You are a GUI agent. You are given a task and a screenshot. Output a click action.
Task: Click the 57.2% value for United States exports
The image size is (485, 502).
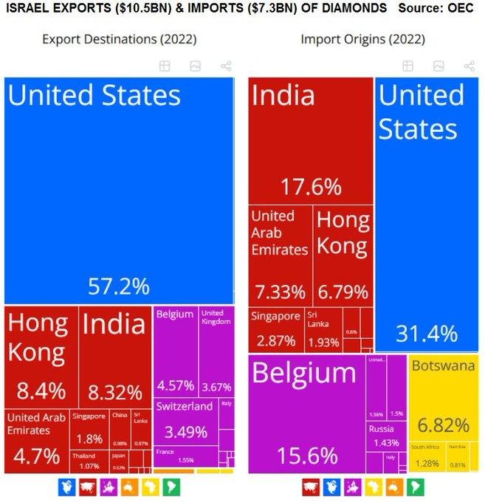pos(118,286)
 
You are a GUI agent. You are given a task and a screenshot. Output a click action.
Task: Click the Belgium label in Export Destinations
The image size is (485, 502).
pos(175,314)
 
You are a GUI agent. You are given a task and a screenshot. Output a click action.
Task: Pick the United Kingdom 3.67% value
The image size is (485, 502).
pos(216,386)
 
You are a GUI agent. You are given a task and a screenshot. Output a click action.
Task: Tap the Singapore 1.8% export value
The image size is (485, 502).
pos(89,439)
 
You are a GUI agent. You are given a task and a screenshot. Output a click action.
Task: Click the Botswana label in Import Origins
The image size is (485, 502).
pos(443,366)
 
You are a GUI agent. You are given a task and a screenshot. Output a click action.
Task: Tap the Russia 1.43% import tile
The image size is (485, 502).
pos(385,436)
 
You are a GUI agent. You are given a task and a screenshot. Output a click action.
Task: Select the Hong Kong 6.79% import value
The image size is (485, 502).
pos(343,292)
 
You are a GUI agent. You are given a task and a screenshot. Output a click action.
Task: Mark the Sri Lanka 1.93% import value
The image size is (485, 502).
pos(324,343)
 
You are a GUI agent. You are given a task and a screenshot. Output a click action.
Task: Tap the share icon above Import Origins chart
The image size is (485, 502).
pos(469,66)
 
